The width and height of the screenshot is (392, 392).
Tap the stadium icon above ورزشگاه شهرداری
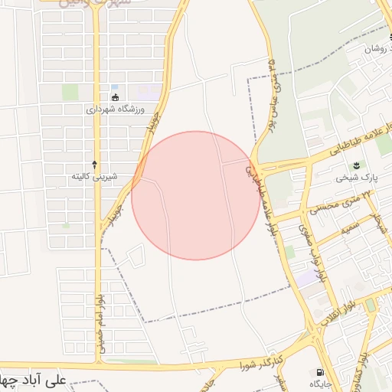[x=115, y=96]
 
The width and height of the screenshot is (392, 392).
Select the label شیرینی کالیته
[x=94, y=177]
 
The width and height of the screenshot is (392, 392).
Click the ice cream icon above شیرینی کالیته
[x=95, y=164]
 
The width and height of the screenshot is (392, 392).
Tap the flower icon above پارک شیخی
[x=355, y=165]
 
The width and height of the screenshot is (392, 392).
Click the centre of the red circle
[x=195, y=195]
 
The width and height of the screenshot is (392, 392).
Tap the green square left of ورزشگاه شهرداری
[x=70, y=92]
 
